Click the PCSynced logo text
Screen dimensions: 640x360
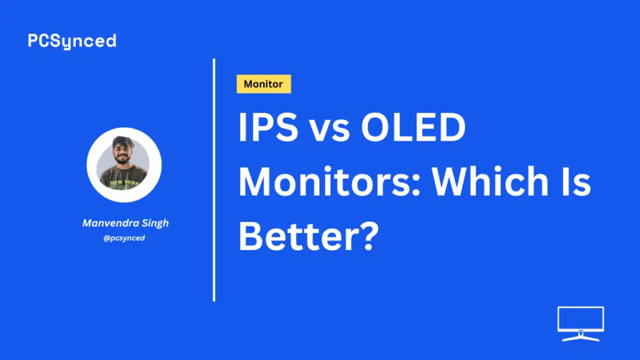coord(72,41)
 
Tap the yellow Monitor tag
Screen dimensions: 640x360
coord(264,84)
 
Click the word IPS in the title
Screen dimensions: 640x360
coord(268,127)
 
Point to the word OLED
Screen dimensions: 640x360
coord(413,127)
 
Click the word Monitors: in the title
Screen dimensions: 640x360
coord(329,181)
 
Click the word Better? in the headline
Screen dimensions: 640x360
coord(309,236)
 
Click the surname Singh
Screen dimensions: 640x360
coord(155,224)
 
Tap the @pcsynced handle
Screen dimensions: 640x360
coord(124,238)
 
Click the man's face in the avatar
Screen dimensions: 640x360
coord(122,154)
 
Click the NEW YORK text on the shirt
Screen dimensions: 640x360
coord(124,182)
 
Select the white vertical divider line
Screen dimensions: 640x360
coord(214,180)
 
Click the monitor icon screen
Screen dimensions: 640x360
coord(581,319)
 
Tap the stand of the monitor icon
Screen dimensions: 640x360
coord(581,336)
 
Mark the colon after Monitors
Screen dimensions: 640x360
coord(416,186)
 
